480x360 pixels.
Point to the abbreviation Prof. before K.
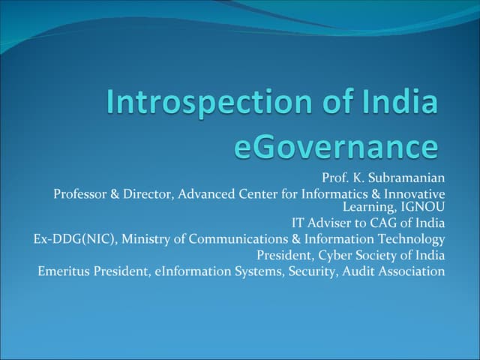coord(334,178)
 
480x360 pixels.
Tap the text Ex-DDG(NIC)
coord(74,239)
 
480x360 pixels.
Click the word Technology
coord(411,239)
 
